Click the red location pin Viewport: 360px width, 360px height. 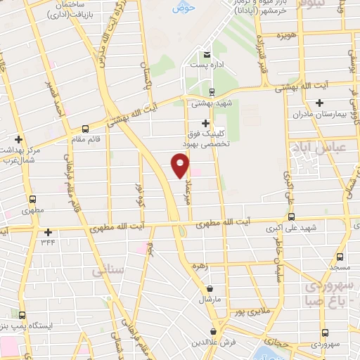181,166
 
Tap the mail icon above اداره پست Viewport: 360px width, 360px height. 206,55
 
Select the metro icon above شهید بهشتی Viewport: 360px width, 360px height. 212,92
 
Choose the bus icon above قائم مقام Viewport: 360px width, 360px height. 86,129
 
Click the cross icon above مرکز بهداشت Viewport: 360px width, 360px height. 18,139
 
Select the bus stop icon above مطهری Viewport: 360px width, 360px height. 31,199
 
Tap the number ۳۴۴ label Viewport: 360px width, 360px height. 47,243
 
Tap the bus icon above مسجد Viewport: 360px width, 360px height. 339,257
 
